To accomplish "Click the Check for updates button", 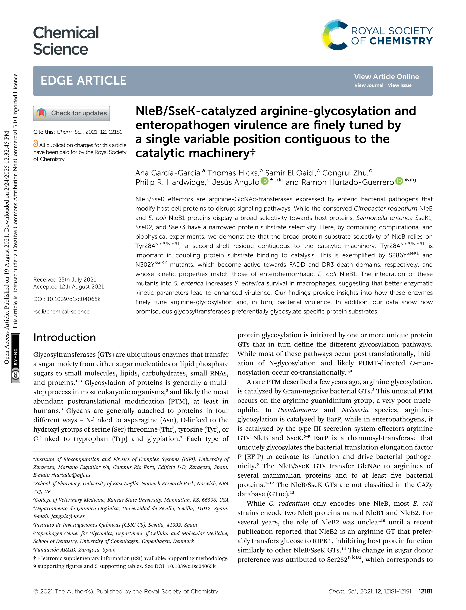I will [72, 113].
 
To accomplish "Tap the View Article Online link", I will [386, 77].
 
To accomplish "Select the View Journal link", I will [369, 85].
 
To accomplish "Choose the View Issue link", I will [399, 85].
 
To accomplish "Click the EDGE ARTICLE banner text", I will [83, 81].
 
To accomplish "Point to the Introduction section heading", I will [65, 338].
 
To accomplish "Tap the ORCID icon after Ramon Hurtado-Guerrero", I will [399, 181].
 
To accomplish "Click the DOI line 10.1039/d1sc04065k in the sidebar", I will [67, 299].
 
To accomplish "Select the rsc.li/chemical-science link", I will [61, 312].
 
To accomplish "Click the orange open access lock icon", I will [36, 143].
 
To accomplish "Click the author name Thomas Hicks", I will [233, 173].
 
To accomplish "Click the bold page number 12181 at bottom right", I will [425, 591].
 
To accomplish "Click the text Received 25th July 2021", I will [65, 279].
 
